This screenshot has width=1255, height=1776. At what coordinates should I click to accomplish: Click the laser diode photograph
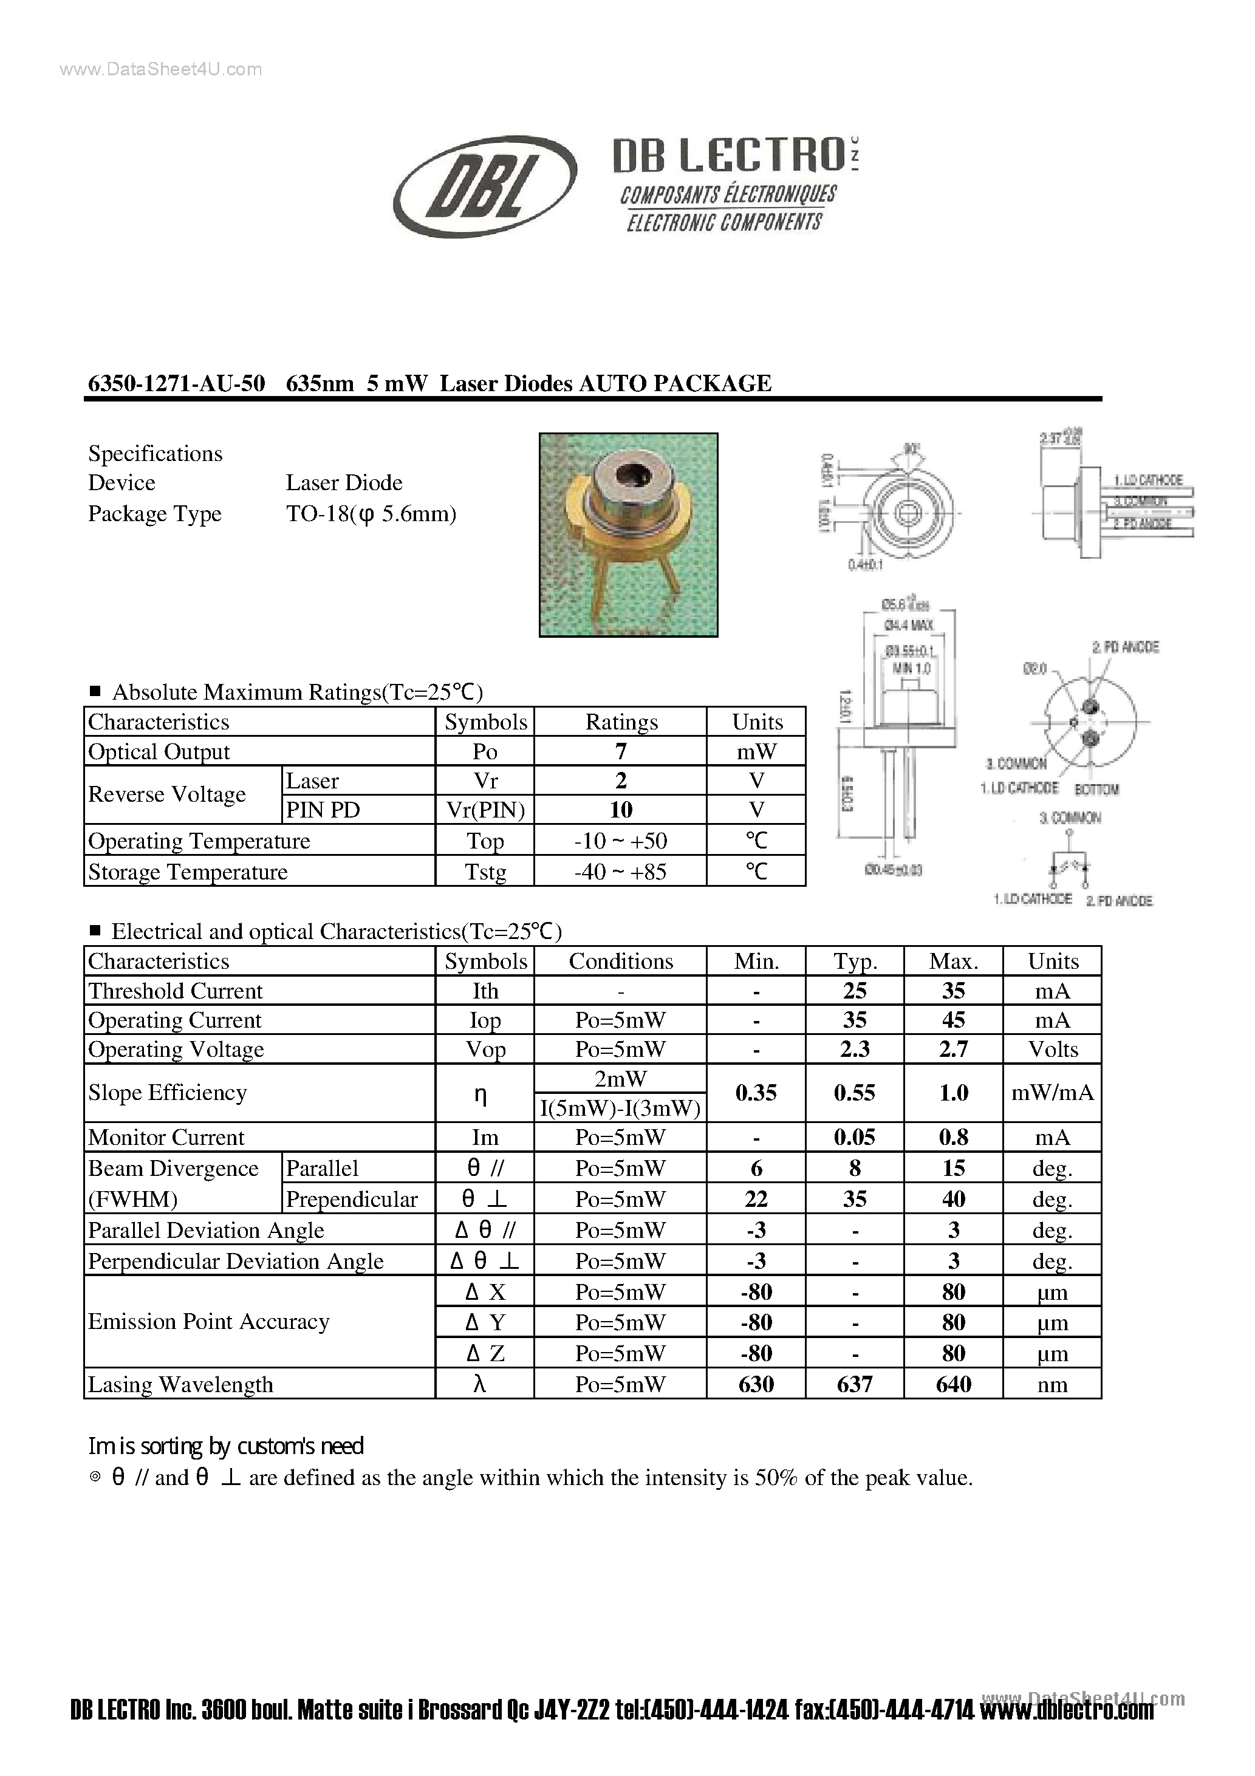pyautogui.click(x=628, y=535)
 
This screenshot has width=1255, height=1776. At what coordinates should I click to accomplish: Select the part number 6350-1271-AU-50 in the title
pyautogui.click(x=176, y=384)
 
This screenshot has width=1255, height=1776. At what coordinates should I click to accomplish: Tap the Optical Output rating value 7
pyautogui.click(x=621, y=751)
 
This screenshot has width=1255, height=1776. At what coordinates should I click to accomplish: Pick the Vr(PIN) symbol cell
pyautogui.click(x=485, y=810)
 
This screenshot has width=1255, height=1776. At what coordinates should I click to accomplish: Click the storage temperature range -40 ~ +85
pyautogui.click(x=621, y=872)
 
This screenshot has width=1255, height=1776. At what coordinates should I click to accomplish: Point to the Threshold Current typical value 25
pyautogui.click(x=854, y=991)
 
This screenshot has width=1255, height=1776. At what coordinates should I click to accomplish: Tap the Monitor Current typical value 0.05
pyautogui.click(x=854, y=1137)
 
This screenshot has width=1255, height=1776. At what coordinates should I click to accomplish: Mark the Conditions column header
pyautogui.click(x=621, y=961)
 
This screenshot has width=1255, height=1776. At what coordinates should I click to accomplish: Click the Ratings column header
pyautogui.click(x=621, y=722)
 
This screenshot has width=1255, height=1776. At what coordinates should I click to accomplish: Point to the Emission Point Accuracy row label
pyautogui.click(x=209, y=1321)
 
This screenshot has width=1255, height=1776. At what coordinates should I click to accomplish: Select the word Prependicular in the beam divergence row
pyautogui.click(x=352, y=1199)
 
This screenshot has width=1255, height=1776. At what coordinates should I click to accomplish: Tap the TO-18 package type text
pyautogui.click(x=371, y=514)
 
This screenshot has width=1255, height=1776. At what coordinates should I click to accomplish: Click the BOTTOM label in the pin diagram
pyautogui.click(x=1096, y=789)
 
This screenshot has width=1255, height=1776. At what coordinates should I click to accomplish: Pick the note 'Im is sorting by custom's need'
pyautogui.click(x=226, y=1446)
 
